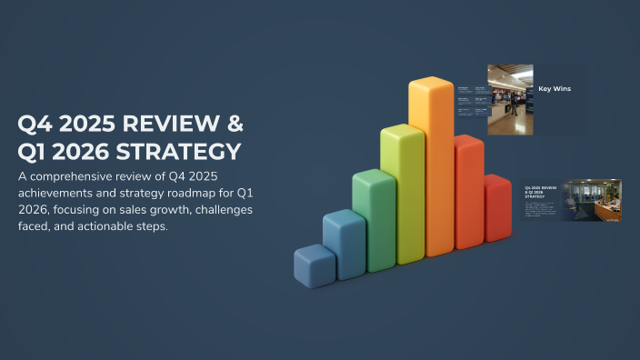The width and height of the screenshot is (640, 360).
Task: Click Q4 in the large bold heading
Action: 37,125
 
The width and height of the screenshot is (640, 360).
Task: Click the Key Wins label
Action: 554,89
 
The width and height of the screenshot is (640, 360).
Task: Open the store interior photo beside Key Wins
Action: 510,100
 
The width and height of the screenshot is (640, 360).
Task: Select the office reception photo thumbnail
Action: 591,200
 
